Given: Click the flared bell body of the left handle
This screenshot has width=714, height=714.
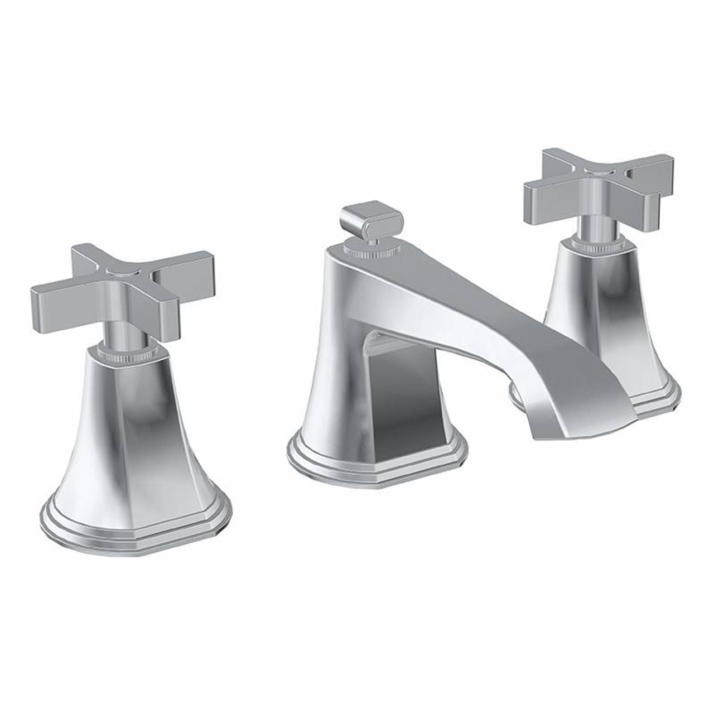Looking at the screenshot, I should [127, 435].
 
